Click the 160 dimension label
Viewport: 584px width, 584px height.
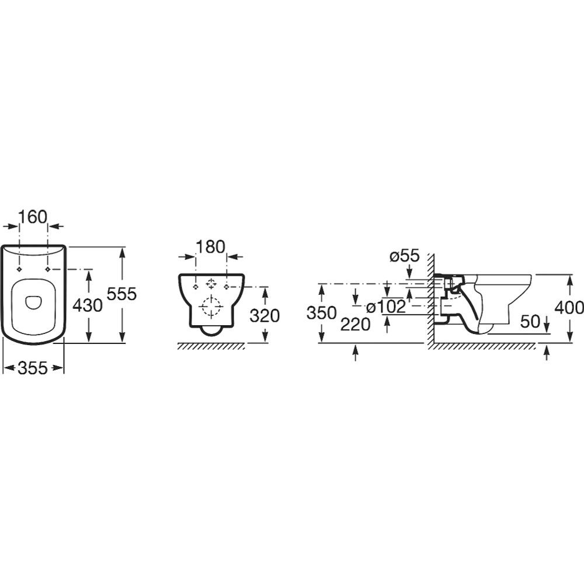pyautogui.click(x=33, y=217)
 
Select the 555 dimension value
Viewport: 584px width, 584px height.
pyautogui.click(x=122, y=294)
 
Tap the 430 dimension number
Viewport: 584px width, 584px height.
pyautogui.click(x=87, y=305)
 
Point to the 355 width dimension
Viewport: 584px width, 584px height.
pyautogui.click(x=33, y=368)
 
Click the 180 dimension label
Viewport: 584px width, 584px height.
pyautogui.click(x=211, y=247)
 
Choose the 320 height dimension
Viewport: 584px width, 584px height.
pyautogui.click(x=265, y=316)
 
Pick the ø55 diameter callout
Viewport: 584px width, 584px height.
pyautogui.click(x=405, y=256)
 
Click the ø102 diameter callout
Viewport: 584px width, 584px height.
pyautogui.click(x=386, y=307)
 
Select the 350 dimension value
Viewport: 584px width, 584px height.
pyautogui.click(x=322, y=313)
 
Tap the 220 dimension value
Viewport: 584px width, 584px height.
pyautogui.click(x=356, y=324)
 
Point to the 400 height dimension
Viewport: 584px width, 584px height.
pyautogui.click(x=569, y=308)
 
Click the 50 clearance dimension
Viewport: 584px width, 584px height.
pyautogui.click(x=530, y=321)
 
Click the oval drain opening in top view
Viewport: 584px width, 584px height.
pyautogui.click(x=33, y=302)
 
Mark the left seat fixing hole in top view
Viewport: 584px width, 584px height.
pyautogui.click(x=19, y=269)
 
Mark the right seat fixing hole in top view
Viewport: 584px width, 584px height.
pyautogui.click(x=48, y=269)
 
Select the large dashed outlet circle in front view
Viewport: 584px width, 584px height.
pyautogui.click(x=211, y=307)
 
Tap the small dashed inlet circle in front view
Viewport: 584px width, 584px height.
pyautogui.click(x=211, y=284)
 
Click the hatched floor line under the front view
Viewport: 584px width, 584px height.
pyautogui.click(x=211, y=346)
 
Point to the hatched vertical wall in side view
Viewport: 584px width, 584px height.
pyautogui.click(x=430, y=298)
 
